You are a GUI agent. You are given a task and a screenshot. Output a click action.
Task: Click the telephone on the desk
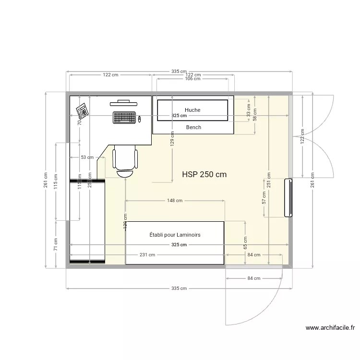pyautogui.click(x=82, y=111)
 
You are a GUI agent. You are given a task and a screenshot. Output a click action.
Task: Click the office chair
pyautogui.click(x=125, y=163)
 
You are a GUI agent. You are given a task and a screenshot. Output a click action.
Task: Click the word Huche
pyautogui.click(x=192, y=110)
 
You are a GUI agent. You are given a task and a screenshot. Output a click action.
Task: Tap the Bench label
pyautogui.click(x=193, y=127)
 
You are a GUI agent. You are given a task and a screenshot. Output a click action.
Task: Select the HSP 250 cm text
pyautogui.click(x=204, y=175)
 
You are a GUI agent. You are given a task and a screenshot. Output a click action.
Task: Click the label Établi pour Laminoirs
pyautogui.click(x=175, y=235)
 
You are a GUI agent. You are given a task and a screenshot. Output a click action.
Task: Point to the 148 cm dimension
pyautogui.click(x=175, y=201)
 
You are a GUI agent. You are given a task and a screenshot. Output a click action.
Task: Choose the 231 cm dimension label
pyautogui.click(x=148, y=255)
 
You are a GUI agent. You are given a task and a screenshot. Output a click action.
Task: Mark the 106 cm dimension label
pyautogui.click(x=192, y=79)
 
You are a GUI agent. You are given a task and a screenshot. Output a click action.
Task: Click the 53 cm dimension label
pyautogui.click(x=87, y=157)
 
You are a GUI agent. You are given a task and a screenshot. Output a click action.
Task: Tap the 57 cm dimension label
pyautogui.click(x=263, y=198)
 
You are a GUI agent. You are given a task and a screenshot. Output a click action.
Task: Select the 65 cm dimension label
pyautogui.click(x=245, y=242)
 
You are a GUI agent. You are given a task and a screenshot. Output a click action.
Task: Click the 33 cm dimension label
pyautogui.click(x=249, y=111)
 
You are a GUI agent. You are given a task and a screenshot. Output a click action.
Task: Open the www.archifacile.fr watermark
pyautogui.click(x=330, y=328)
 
